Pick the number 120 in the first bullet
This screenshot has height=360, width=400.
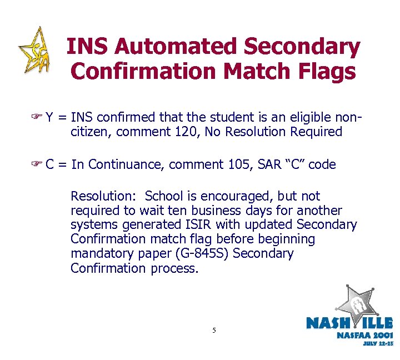point(196,132)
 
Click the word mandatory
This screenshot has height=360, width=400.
point(99,254)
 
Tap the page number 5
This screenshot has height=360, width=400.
point(214,331)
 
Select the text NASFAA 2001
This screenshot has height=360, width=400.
point(364,335)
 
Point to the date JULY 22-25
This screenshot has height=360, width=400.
point(378,344)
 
